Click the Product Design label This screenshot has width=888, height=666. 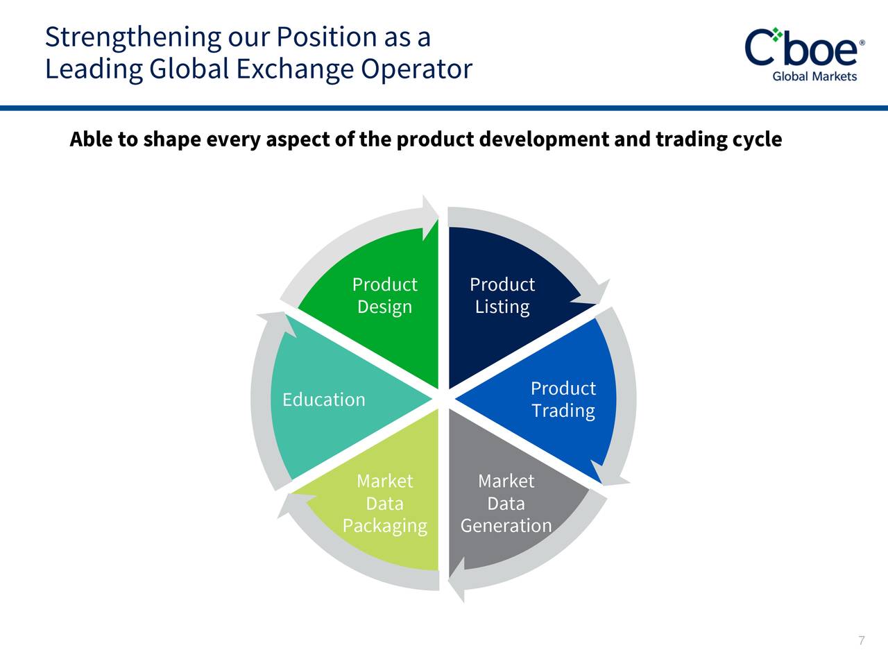tap(385, 296)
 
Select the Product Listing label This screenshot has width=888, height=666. tap(502, 296)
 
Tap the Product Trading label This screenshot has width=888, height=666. tap(563, 400)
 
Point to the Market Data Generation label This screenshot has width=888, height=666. tap(506, 504)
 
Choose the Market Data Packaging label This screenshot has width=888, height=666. tap(385, 504)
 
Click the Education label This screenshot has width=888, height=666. tap(324, 400)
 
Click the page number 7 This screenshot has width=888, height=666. tap(862, 640)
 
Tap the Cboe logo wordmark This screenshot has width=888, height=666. tap(801, 48)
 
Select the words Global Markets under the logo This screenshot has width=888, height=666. tap(814, 76)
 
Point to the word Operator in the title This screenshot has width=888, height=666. tap(416, 69)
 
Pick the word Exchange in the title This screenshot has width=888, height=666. tap(295, 69)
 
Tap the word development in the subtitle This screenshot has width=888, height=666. tap(544, 140)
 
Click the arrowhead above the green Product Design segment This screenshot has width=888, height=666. tap(430, 219)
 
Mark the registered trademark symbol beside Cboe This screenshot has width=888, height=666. tap(862, 43)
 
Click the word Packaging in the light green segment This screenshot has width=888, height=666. tap(385, 526)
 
